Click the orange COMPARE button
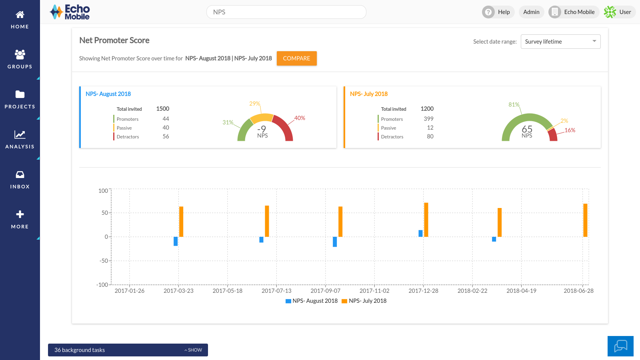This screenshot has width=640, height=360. [296, 58]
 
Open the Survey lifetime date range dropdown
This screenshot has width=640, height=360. [560, 42]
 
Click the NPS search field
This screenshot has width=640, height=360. [286, 12]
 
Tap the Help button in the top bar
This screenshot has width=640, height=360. [498, 12]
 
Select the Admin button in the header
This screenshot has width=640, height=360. [531, 12]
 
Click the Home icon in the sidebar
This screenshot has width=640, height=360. [20, 15]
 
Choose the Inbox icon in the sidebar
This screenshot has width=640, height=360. [20, 175]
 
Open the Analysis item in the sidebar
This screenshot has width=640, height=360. [20, 139]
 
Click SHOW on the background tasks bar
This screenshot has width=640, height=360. [194, 350]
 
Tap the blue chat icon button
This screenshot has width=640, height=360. [620, 346]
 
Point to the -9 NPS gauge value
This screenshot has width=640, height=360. [262, 129]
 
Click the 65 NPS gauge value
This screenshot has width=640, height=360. [527, 129]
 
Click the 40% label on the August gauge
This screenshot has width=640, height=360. [300, 118]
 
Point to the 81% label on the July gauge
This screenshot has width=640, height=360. [514, 104]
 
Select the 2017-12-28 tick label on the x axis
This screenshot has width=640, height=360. [423, 291]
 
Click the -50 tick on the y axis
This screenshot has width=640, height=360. [104, 261]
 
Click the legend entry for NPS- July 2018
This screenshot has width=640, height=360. [364, 301]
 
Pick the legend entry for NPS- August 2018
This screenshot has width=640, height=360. [312, 301]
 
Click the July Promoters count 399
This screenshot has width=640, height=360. [428, 119]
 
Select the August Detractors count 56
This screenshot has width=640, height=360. [166, 136]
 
